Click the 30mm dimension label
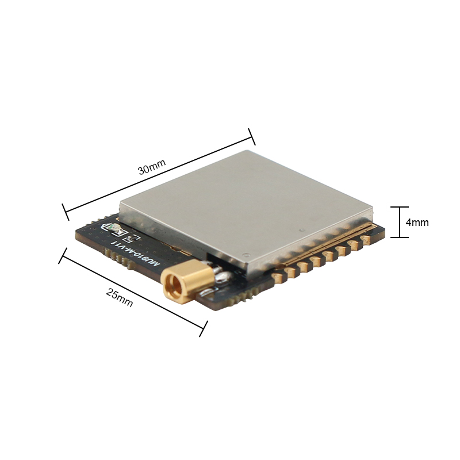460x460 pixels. (x=152, y=167)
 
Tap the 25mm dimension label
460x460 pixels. (x=120, y=297)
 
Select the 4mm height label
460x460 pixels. (x=417, y=223)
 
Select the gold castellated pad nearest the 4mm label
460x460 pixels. (x=367, y=240)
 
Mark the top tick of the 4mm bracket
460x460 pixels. (x=399, y=207)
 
